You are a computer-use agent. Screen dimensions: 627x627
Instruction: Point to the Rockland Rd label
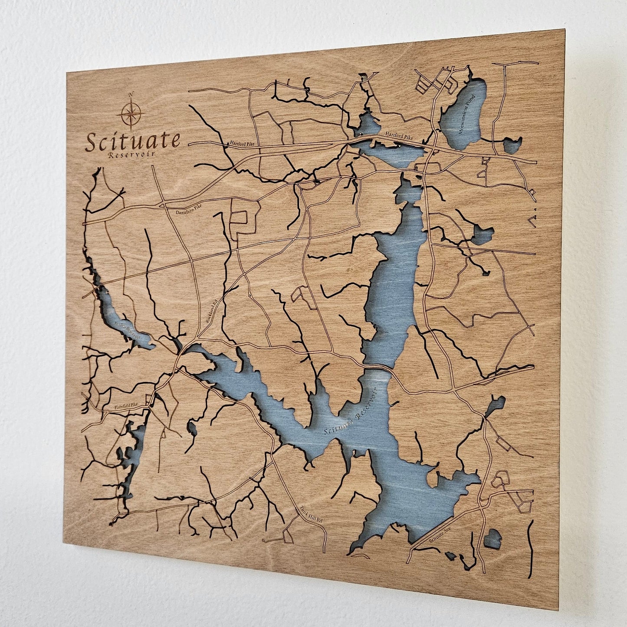click(211, 312)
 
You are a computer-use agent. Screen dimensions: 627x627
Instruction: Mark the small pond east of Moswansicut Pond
click(512, 145)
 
